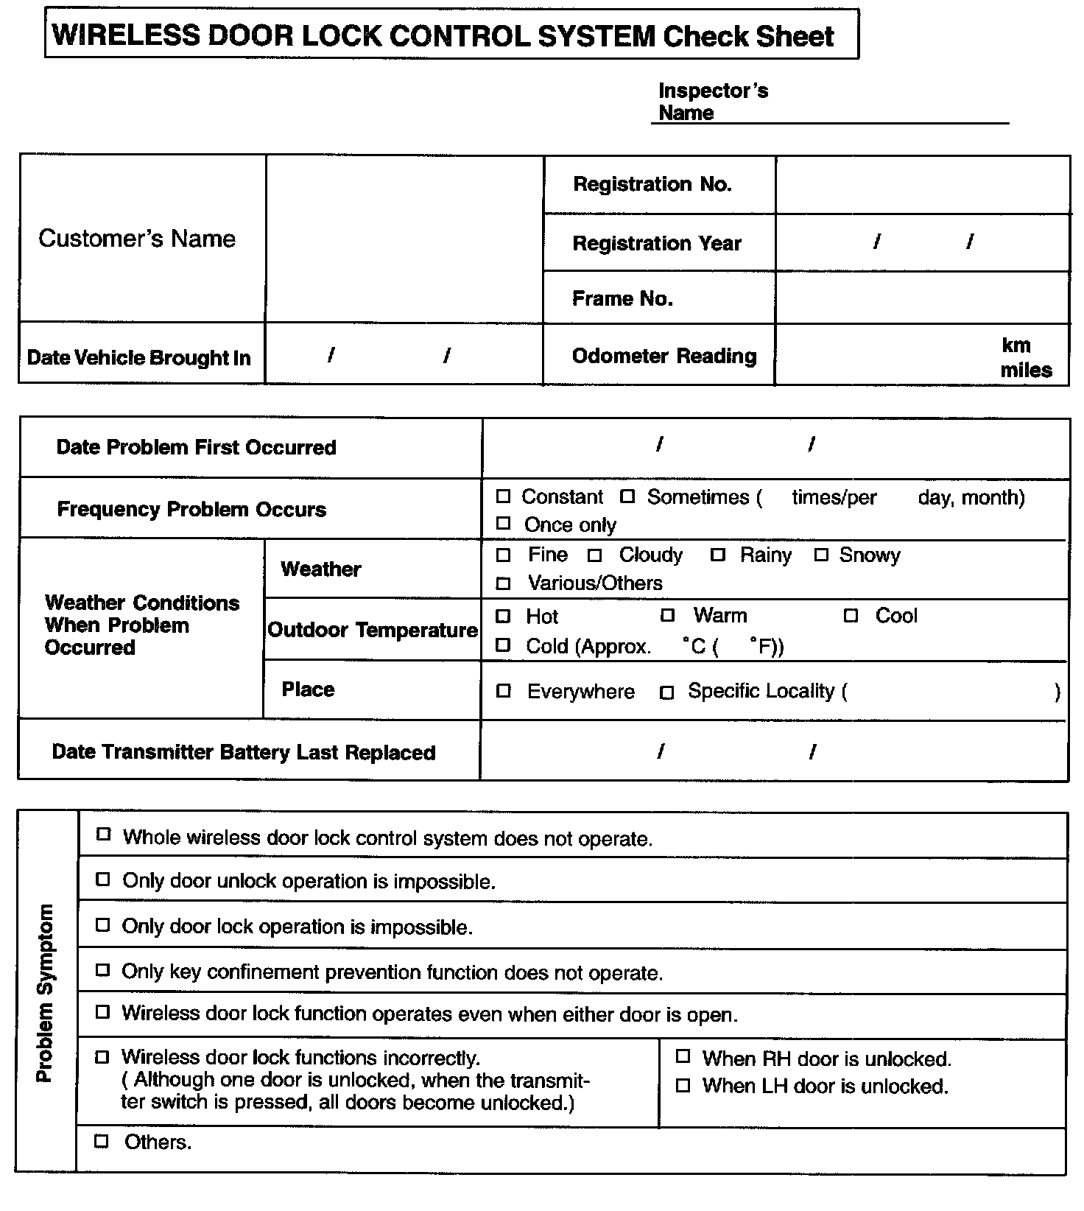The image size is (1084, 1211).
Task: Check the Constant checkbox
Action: (x=503, y=496)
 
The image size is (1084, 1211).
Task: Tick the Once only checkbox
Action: (x=503, y=524)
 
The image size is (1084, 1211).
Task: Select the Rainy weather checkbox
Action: (x=718, y=555)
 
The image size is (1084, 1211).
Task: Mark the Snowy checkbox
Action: (x=822, y=555)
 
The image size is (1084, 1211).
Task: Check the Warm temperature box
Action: (x=667, y=615)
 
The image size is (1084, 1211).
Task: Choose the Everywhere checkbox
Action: (x=504, y=691)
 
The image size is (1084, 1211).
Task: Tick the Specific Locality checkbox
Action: (x=666, y=692)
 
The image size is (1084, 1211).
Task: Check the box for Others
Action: (x=102, y=1142)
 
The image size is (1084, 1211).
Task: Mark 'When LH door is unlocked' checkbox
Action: (x=683, y=1085)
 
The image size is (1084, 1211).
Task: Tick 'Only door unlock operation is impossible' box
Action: (x=103, y=880)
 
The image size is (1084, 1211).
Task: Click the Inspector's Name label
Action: (x=712, y=102)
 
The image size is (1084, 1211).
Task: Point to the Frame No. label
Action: (x=622, y=298)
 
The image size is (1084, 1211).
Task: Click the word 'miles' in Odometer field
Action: (x=1026, y=371)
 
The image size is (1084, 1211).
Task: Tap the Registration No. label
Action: (x=652, y=184)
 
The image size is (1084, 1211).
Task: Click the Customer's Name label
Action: (x=137, y=239)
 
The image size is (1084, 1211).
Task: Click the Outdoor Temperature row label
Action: (x=373, y=631)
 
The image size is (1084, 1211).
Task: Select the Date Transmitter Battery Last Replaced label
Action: (x=244, y=752)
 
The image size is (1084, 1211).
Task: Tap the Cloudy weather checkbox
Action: (x=595, y=555)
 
